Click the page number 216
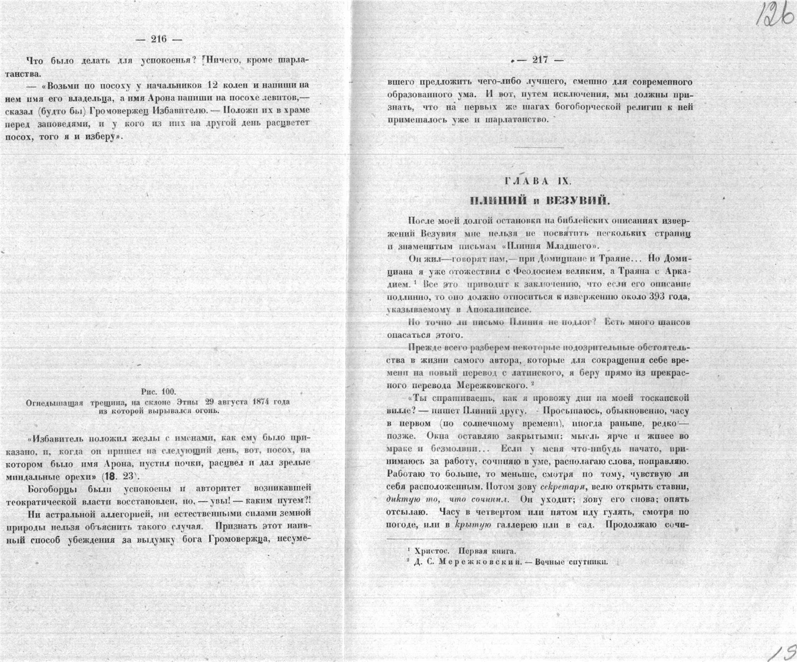pyautogui.click(x=159, y=39)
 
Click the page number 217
pyautogui.click(x=540, y=59)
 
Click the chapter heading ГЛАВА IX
pyautogui.click(x=538, y=181)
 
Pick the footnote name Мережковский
pyautogui.click(x=480, y=562)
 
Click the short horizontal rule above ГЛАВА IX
pyautogui.click(x=538, y=147)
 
